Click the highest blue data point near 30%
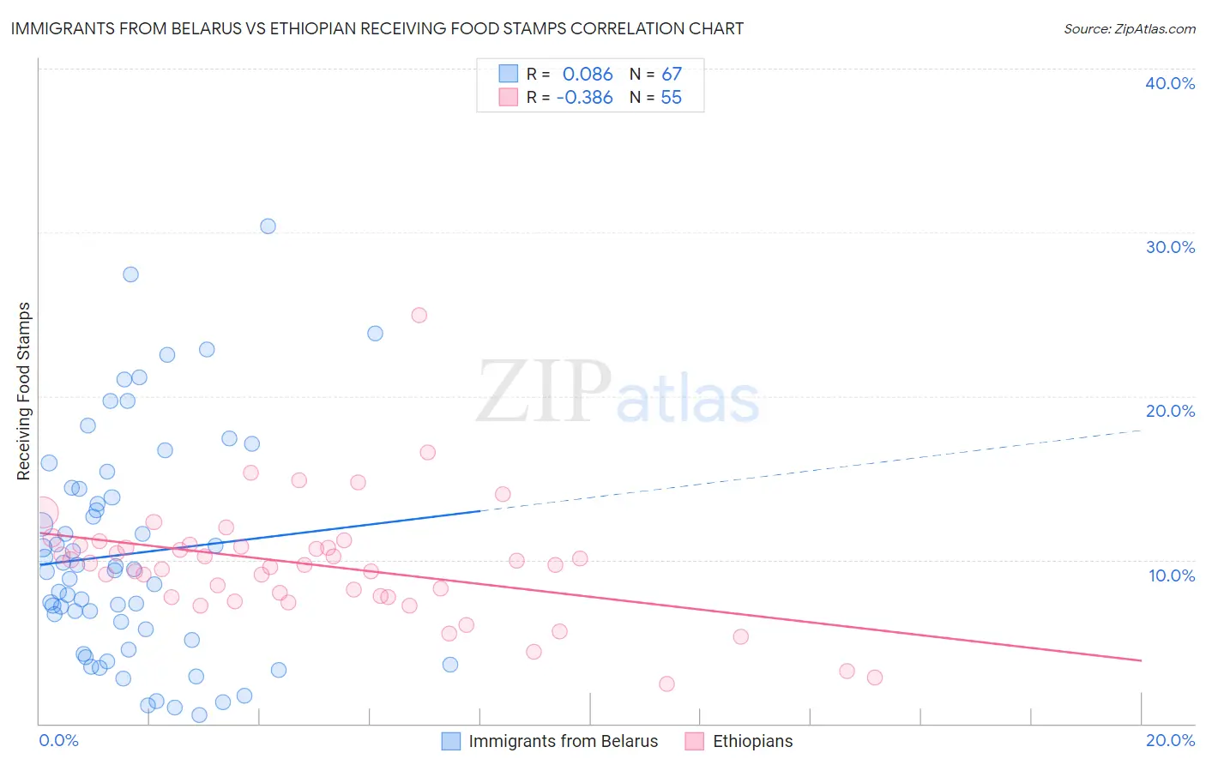tap(268, 226)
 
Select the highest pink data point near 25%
tap(419, 315)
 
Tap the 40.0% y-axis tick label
tap(1169, 83)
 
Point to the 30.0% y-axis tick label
tap(1169, 247)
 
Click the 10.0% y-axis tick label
tap(1171, 575)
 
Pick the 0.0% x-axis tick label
tap(58, 740)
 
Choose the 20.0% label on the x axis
tap(1170, 740)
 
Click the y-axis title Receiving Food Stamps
tap(24, 391)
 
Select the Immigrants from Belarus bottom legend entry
tap(563, 741)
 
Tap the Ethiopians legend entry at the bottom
tap(752, 741)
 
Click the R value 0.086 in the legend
tap(588, 75)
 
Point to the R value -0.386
tap(584, 98)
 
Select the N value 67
tap(671, 75)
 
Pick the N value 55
tap(671, 98)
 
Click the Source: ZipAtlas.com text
tap(1129, 29)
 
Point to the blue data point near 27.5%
tap(130, 274)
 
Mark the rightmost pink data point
tap(874, 678)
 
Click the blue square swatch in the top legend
tap(509, 74)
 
